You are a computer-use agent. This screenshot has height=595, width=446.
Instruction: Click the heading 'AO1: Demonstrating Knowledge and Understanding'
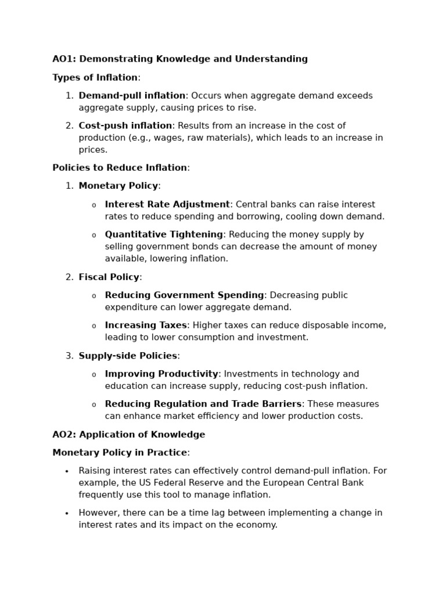tap(180, 59)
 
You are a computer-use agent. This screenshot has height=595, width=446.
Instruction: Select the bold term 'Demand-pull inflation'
tap(132, 96)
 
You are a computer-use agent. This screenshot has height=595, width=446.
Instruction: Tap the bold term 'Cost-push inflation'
tap(125, 126)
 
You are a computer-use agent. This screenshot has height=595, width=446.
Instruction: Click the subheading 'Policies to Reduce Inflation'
tap(120, 168)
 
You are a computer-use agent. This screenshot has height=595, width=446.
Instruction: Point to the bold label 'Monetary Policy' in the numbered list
tap(118, 186)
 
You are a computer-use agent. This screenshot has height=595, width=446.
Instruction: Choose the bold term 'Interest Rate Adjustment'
tap(167, 205)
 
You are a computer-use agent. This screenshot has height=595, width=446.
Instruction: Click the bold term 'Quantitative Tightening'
tap(164, 235)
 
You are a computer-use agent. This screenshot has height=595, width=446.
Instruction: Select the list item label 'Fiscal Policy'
tap(109, 277)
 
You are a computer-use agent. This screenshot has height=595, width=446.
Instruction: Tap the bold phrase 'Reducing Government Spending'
tap(184, 295)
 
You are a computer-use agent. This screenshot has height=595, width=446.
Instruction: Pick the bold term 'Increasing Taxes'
tap(146, 325)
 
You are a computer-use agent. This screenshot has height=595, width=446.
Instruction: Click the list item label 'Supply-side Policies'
tap(128, 356)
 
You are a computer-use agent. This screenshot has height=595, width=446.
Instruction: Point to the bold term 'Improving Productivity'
tap(161, 374)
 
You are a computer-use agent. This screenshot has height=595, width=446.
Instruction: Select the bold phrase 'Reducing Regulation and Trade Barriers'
tap(203, 404)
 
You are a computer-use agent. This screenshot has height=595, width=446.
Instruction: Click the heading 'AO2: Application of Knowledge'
tap(128, 435)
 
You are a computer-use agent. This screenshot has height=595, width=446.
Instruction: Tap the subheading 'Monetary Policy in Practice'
tap(120, 453)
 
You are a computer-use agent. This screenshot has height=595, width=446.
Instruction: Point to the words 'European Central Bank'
tap(314, 483)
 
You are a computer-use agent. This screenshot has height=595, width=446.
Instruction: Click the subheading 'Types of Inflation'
tap(95, 78)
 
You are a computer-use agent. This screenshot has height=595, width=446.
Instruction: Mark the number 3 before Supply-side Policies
tap(69, 356)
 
